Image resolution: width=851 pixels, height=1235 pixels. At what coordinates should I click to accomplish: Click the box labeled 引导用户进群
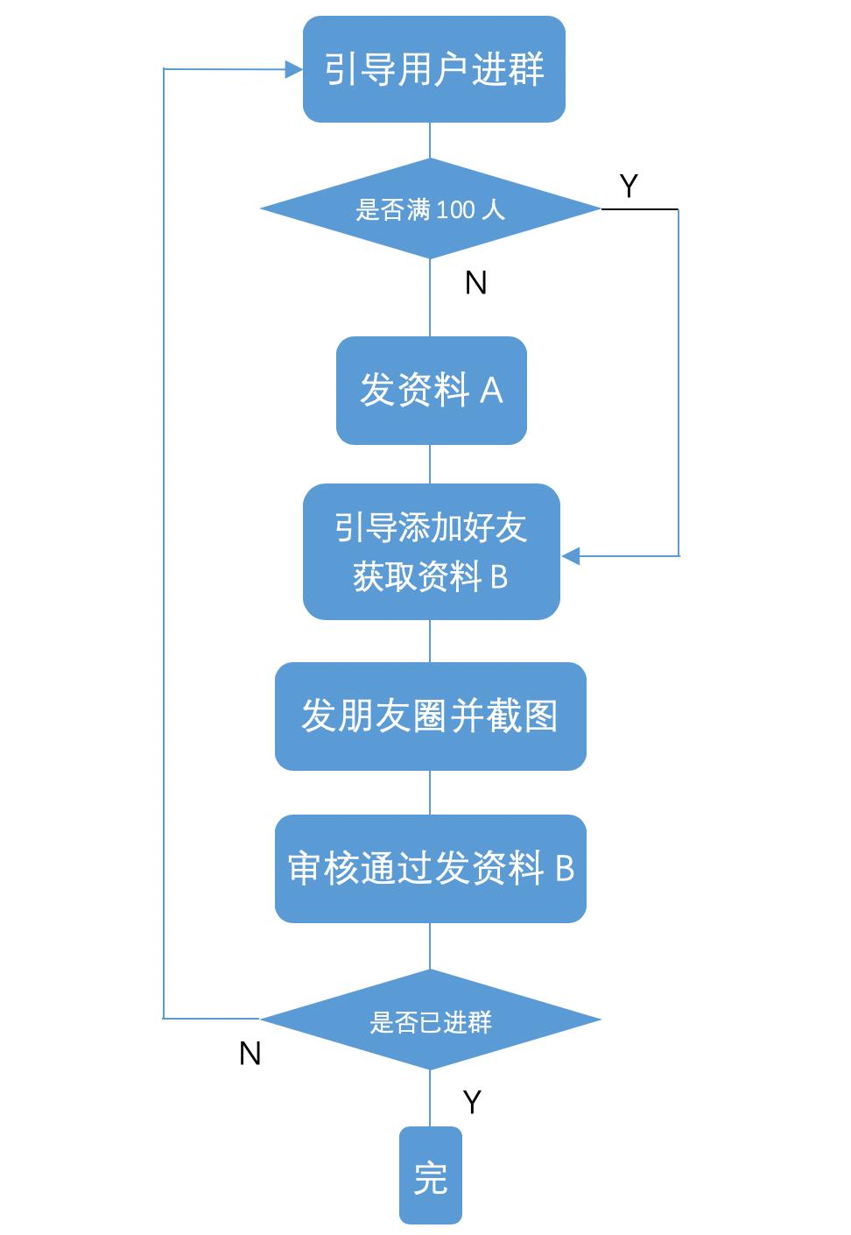click(x=433, y=69)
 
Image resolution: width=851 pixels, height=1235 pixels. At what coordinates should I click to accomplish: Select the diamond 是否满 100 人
click(x=430, y=209)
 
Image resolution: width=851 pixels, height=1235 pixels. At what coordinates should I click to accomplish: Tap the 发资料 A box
click(x=431, y=390)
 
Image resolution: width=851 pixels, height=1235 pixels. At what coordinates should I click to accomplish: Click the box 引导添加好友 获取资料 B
click(x=431, y=552)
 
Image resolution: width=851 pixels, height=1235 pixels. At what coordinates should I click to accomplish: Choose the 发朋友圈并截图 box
click(x=430, y=716)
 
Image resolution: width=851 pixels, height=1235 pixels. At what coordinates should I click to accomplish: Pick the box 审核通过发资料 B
click(x=430, y=868)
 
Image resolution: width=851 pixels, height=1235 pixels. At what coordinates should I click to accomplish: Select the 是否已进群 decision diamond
click(x=430, y=1020)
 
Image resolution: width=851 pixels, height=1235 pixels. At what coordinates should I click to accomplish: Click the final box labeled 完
click(x=430, y=1175)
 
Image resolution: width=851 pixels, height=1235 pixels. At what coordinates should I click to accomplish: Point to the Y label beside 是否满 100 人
click(x=629, y=186)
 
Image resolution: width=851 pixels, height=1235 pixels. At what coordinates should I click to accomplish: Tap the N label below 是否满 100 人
click(x=475, y=283)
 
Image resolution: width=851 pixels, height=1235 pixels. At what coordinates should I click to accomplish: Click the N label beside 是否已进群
click(x=250, y=1054)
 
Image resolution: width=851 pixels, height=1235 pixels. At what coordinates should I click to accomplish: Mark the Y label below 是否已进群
click(x=472, y=1102)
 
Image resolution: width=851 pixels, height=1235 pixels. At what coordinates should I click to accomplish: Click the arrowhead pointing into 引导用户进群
click(x=293, y=69)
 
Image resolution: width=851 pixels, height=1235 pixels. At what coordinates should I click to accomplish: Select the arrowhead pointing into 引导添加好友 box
click(x=571, y=556)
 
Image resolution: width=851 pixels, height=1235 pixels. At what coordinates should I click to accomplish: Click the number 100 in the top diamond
click(x=455, y=210)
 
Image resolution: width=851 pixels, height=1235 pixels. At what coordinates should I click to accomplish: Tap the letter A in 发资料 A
click(x=491, y=391)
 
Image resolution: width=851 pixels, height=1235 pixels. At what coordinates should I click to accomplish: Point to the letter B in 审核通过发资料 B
click(x=565, y=869)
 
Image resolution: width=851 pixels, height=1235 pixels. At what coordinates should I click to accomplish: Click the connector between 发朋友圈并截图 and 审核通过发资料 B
click(x=430, y=793)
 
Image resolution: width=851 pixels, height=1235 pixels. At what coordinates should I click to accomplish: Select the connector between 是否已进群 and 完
click(x=430, y=1097)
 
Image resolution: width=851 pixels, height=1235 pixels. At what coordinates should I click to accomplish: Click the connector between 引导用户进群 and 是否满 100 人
click(x=430, y=140)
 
